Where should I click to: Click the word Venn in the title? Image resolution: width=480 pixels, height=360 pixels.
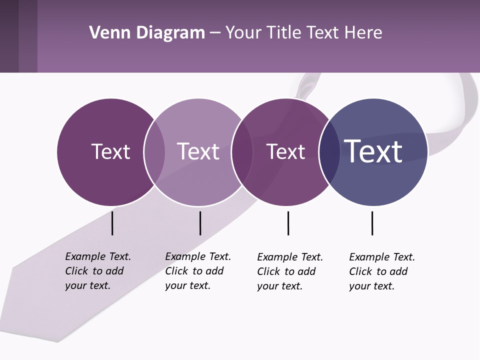coord(107,33)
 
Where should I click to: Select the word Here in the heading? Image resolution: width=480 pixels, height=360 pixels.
coord(363,33)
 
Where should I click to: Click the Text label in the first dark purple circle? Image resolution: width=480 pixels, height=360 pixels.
coord(110,151)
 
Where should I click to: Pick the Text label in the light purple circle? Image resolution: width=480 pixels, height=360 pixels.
coord(198,151)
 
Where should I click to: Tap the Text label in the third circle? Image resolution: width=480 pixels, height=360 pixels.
coord(285,151)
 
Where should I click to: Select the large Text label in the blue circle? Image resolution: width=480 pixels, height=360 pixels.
coord(373,151)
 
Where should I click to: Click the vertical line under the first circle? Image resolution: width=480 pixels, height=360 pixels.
coord(112,223)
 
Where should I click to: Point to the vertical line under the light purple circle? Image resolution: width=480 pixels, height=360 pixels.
coord(200,223)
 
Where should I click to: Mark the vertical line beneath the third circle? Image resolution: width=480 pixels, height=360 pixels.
coord(288,223)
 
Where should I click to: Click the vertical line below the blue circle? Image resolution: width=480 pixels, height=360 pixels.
coord(372,223)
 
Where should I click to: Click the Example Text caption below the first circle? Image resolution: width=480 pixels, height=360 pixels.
coord(98,271)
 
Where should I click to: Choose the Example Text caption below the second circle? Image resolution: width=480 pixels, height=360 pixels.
coord(198,271)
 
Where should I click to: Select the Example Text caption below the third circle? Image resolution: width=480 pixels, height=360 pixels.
coord(290,271)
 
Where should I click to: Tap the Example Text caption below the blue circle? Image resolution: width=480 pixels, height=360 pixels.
coord(382,271)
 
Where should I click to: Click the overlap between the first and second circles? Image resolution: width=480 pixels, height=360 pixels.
coord(154,151)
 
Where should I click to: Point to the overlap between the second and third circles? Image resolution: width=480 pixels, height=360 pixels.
coord(242,151)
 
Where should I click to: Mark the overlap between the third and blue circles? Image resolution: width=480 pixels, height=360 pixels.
coord(329,151)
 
